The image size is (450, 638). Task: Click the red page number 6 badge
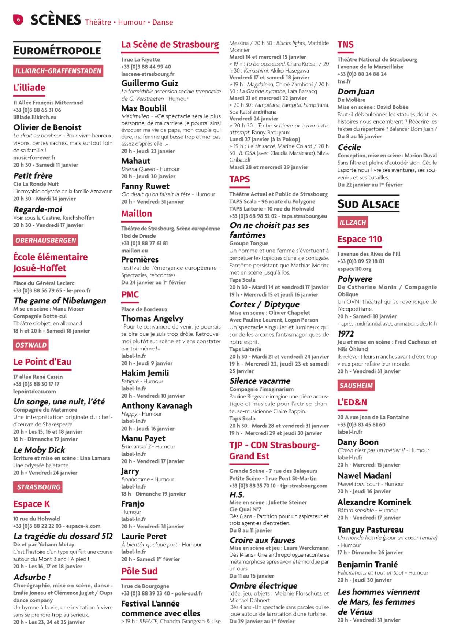pyautogui.click(x=18, y=19)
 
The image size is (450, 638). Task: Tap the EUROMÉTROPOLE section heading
pyautogui.click(x=57, y=51)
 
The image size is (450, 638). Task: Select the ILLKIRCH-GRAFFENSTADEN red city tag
pyautogui.click(x=58, y=71)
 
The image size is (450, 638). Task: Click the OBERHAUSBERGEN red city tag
pyautogui.click(x=46, y=241)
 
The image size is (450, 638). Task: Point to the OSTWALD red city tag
pyautogui.click(x=31, y=345)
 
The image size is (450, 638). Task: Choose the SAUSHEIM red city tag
pyautogui.click(x=356, y=386)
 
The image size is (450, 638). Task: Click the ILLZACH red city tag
pyautogui.click(x=353, y=222)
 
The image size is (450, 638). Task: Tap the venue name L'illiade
pyautogui.click(x=29, y=88)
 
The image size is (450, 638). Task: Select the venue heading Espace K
pyautogui.click(x=31, y=504)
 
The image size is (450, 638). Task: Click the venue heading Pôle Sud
pyautogui.click(x=140, y=571)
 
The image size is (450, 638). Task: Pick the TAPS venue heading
pyautogui.click(x=239, y=179)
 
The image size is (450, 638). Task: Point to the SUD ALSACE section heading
pyautogui.click(x=368, y=204)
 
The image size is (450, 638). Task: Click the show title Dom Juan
pyautogui.click(x=356, y=92)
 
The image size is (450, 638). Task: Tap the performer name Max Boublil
pyautogui.click(x=144, y=108)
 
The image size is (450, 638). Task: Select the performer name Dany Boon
pyautogui.click(x=358, y=442)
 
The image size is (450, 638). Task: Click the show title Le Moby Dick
pyautogui.click(x=39, y=450)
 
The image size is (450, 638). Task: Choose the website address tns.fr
pyautogui.click(x=344, y=81)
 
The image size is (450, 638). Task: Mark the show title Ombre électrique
pyautogui.click(x=264, y=586)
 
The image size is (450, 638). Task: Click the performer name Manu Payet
pyautogui.click(x=144, y=438)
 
